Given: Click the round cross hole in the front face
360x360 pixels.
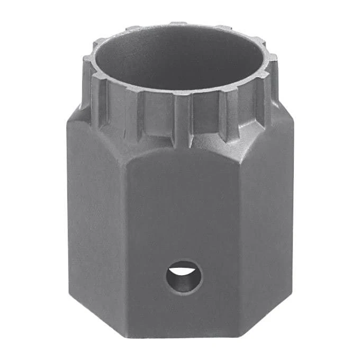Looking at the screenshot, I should click(x=183, y=276).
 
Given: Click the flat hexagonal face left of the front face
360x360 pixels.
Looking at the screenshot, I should click(x=95, y=222).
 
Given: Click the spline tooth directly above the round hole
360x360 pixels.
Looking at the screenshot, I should click(x=182, y=119).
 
